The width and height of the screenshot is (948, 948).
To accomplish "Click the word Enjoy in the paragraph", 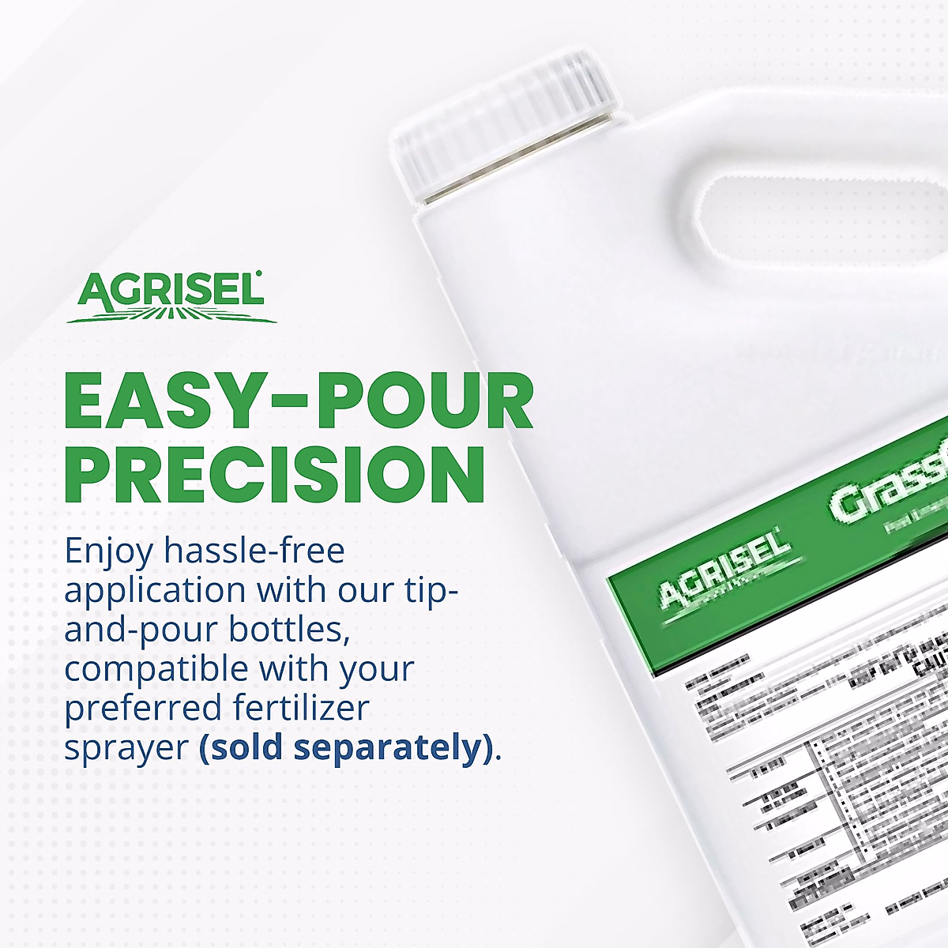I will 108,551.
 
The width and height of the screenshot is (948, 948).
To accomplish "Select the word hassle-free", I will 254,550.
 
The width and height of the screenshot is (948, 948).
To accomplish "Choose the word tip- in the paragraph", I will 430,591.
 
